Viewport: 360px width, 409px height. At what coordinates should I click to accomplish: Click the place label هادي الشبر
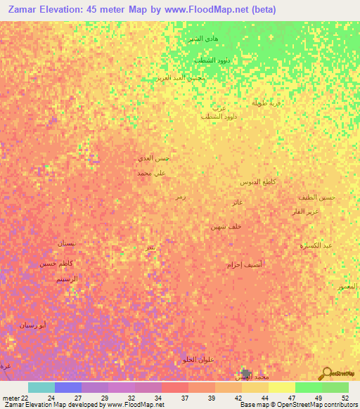coord(201,38)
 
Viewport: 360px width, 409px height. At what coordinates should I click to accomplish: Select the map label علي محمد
coord(152,172)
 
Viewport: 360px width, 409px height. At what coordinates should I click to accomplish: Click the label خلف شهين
coord(226,226)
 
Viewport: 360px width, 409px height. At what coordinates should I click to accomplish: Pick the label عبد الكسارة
coord(317,245)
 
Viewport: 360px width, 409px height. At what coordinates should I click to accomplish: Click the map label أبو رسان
coord(34,325)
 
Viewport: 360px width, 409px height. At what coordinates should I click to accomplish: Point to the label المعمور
coord(347,287)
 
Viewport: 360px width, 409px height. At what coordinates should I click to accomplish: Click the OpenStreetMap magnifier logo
coord(326,372)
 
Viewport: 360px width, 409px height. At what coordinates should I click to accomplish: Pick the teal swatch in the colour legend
coord(41,387)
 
